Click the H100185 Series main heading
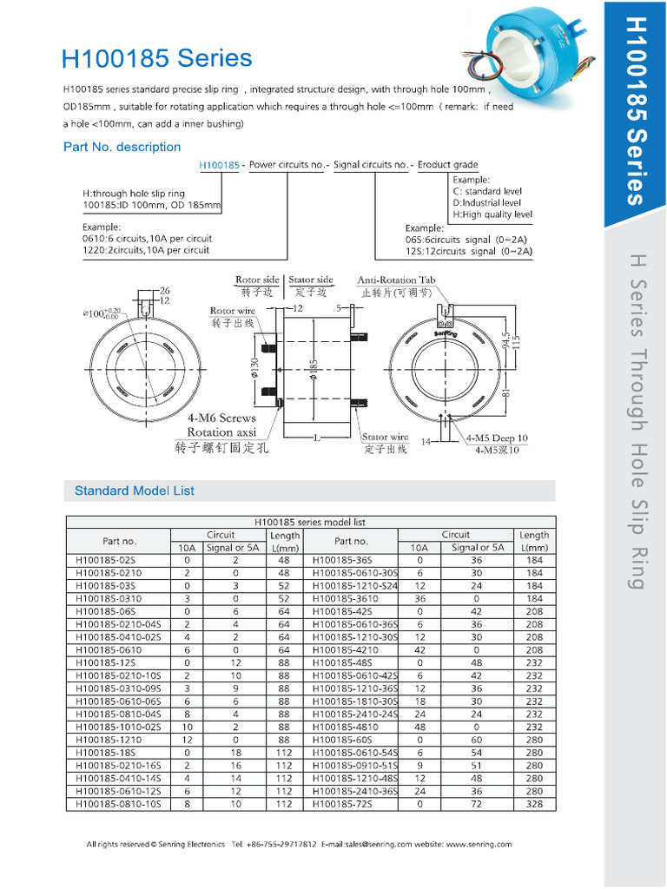coord(157,59)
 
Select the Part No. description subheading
coord(122,147)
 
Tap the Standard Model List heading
coord(135,491)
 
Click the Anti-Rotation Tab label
coord(396,280)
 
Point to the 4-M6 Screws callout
coord(222,418)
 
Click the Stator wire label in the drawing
coord(386,438)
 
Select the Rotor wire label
coord(233,310)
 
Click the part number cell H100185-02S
coord(107,560)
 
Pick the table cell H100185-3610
coord(345,598)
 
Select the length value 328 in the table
coord(534,804)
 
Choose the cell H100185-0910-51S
coord(354,766)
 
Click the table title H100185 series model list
coord(310,522)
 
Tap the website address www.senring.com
coord(479,844)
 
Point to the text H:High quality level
coord(492,214)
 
